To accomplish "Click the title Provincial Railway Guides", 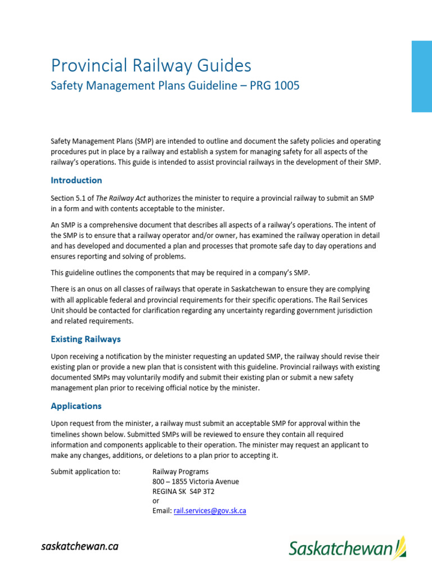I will (151, 66).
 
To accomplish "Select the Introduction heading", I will (76, 181).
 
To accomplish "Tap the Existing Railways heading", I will (85, 339).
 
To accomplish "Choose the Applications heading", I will (76, 406).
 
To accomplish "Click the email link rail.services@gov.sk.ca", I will (210, 511).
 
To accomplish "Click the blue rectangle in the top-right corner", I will (421, 76).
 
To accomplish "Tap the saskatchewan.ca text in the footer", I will (79, 546).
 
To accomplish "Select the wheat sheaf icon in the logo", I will (400, 546).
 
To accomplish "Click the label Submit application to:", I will (85, 471).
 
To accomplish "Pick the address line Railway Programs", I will (181, 471).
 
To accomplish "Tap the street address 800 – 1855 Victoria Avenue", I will (196, 481).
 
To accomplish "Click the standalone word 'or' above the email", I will (156, 501).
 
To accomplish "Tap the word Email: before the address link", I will (162, 511).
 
